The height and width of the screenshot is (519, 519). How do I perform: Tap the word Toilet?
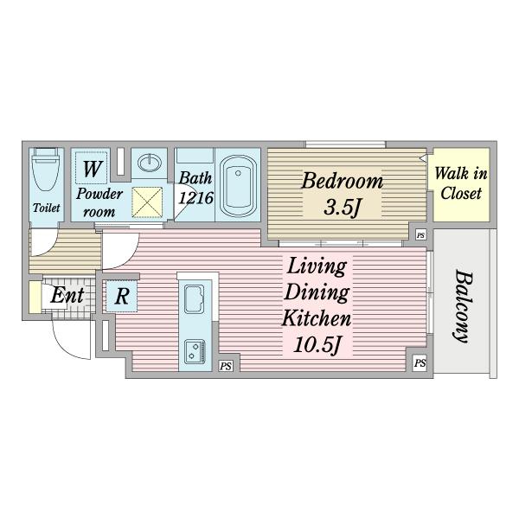(x=47, y=208)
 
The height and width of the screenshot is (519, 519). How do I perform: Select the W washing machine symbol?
(x=92, y=168)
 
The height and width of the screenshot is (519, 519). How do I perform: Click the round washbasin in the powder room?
(x=150, y=163)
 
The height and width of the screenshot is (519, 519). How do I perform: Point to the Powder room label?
(x=99, y=202)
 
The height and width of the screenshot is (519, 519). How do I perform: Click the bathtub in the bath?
(x=238, y=186)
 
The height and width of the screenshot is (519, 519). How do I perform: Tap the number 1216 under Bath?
(x=196, y=198)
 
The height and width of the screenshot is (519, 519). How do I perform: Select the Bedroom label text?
(x=342, y=181)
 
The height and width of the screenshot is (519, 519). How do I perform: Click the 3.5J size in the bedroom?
(x=342, y=208)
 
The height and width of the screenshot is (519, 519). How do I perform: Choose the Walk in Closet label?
(x=461, y=183)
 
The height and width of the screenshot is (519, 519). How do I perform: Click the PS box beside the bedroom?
(x=420, y=235)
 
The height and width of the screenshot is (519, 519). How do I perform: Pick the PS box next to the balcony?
(x=420, y=362)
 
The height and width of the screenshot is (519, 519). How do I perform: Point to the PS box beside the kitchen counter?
(x=226, y=366)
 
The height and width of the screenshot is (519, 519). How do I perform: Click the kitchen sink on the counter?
(x=194, y=299)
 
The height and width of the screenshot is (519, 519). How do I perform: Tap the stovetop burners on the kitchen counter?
(x=195, y=351)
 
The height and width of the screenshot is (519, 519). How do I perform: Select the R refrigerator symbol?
(x=122, y=296)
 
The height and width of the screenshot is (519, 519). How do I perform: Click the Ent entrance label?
(x=67, y=295)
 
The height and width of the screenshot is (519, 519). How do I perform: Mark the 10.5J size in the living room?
(x=317, y=345)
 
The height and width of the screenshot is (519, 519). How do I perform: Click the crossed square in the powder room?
(x=147, y=202)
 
